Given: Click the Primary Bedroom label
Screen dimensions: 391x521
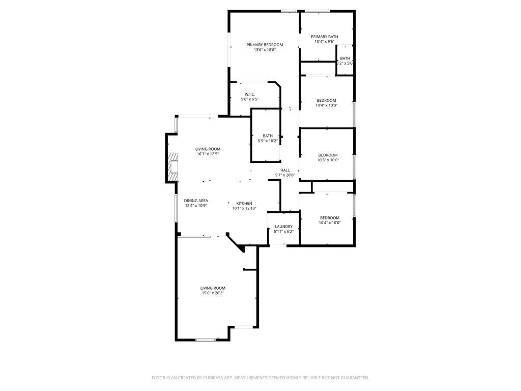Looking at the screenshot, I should click(x=265, y=45).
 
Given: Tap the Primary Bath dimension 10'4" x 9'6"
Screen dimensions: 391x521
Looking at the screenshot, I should click(x=325, y=42).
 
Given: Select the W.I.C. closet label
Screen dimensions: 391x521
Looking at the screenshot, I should click(x=249, y=94).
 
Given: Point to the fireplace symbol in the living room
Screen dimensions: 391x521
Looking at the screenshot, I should click(x=173, y=167).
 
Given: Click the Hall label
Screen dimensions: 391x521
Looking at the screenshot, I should click(x=285, y=170).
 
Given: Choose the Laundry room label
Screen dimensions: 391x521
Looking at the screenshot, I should click(x=283, y=227).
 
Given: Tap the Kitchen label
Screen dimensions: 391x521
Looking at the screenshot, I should click(x=244, y=203).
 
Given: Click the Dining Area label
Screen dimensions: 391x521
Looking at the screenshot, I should click(x=196, y=201).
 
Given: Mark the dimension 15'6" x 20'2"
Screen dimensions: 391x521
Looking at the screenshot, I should click(x=212, y=293).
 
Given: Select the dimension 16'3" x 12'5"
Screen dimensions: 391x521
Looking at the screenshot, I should click(x=208, y=154).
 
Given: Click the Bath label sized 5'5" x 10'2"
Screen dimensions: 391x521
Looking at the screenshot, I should click(x=268, y=136).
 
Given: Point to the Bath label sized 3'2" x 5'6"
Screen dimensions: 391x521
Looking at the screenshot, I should click(x=345, y=59).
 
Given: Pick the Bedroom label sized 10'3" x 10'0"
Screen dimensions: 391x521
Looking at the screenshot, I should click(x=328, y=155).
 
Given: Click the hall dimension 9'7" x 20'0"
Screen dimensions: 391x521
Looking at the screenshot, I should click(x=285, y=175).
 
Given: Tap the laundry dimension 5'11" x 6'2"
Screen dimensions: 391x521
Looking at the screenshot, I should click(x=283, y=232).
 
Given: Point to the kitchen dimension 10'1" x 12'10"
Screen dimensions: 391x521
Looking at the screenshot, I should click(x=244, y=208).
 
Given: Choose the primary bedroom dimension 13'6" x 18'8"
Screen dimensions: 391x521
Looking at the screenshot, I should click(x=265, y=50).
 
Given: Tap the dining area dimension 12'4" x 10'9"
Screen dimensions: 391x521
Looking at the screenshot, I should click(x=196, y=206).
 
